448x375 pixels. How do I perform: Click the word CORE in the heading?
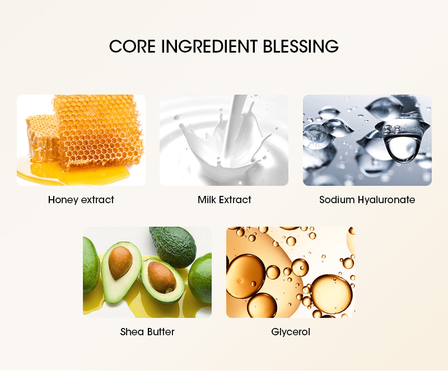click(x=133, y=46)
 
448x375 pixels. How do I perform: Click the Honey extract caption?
click(x=81, y=200)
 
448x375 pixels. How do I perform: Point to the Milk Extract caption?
click(x=224, y=200)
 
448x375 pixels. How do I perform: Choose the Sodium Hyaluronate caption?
click(x=367, y=200)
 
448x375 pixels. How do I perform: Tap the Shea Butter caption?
click(x=147, y=332)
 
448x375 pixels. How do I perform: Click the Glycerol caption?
click(x=291, y=332)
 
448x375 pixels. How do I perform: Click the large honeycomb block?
click(x=98, y=132)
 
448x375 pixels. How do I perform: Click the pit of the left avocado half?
click(x=120, y=263)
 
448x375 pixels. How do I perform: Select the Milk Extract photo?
click(x=224, y=140)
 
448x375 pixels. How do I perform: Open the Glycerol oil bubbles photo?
click(x=290, y=272)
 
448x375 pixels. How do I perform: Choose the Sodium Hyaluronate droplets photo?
click(x=367, y=140)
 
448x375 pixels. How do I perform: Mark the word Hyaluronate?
click(x=386, y=200)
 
